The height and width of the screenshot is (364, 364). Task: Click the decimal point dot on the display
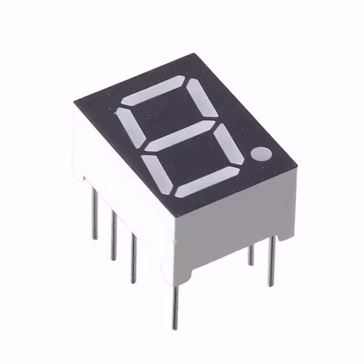click(263, 154)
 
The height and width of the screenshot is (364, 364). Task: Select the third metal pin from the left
click(133, 258)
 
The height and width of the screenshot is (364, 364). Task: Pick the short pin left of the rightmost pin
click(251, 255)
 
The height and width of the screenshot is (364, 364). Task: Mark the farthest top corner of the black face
click(195, 55)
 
